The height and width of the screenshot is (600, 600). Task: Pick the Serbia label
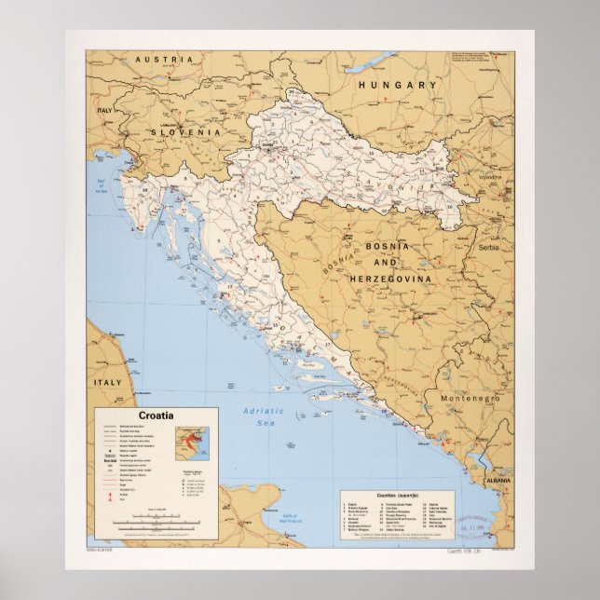[488, 248]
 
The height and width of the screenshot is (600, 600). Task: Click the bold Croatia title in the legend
[155, 416]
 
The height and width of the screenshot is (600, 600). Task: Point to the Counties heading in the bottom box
[398, 494]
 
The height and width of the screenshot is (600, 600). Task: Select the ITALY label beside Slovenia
[103, 110]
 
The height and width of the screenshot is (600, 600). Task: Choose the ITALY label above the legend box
[106, 382]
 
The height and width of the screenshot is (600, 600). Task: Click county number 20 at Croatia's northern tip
[292, 91]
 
